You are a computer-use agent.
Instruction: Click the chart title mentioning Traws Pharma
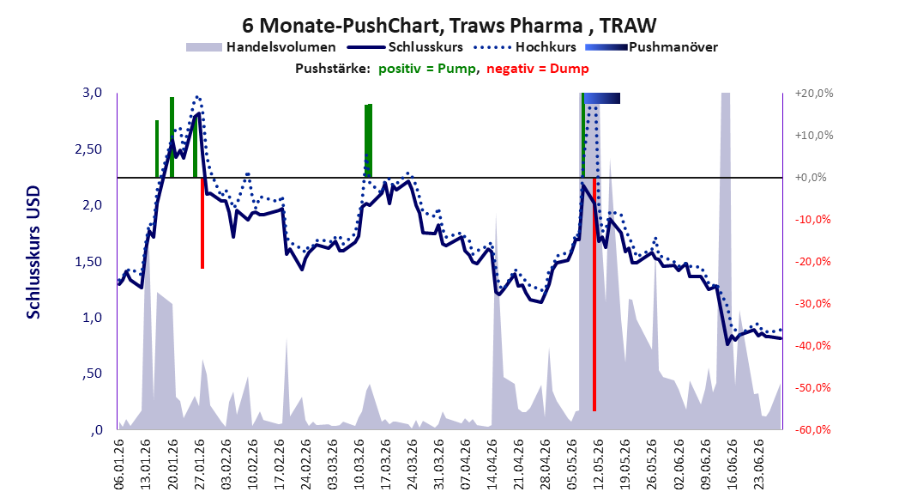(449, 25)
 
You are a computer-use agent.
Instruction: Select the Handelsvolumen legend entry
(261, 47)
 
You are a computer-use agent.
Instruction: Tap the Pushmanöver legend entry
(651, 47)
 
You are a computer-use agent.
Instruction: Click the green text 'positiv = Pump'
(426, 69)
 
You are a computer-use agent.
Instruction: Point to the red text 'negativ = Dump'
(537, 69)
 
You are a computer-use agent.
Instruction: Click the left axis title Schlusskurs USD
(33, 252)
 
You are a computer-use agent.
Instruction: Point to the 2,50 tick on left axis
(88, 149)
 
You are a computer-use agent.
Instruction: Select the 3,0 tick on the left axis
(93, 93)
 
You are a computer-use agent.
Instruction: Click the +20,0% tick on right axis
(814, 93)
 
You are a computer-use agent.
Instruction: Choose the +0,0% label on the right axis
(811, 178)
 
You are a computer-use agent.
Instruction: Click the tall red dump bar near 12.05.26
(594, 295)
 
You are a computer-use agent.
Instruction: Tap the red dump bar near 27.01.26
(202, 223)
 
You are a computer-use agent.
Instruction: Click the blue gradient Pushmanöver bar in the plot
(602, 98)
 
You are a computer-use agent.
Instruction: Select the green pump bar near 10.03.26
(369, 141)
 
